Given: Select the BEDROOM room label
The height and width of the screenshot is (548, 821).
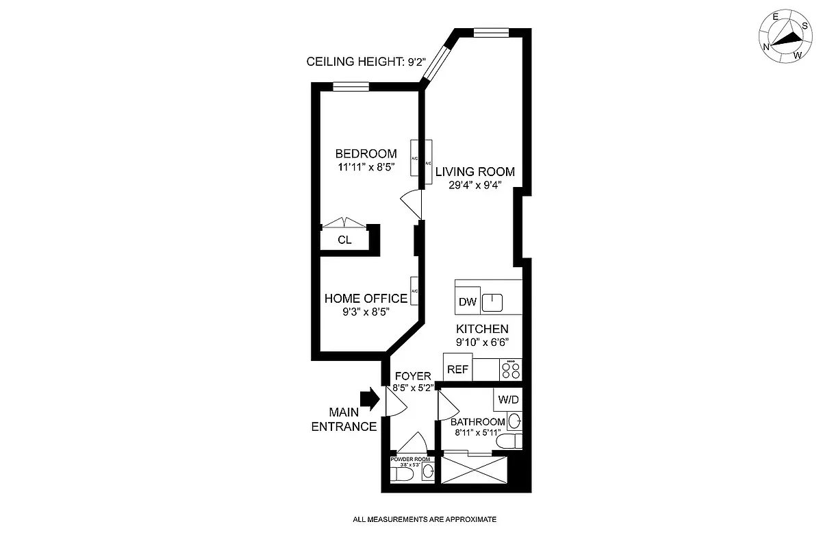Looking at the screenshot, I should click(366, 153).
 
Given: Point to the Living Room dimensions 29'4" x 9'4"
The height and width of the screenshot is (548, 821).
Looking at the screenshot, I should click(475, 185).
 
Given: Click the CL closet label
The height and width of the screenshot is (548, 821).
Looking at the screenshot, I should click(344, 240).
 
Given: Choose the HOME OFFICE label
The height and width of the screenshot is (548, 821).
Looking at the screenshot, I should click(365, 299).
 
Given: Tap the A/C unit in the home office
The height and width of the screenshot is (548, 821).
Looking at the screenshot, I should click(414, 291).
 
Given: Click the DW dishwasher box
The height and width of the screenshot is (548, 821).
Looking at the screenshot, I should click(467, 302).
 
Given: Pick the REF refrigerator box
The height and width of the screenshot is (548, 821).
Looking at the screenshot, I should click(457, 369).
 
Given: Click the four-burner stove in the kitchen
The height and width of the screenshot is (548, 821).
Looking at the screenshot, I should click(511, 370).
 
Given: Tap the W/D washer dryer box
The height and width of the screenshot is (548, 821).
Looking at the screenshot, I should click(507, 399).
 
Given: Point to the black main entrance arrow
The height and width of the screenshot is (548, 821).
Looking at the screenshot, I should click(369, 399).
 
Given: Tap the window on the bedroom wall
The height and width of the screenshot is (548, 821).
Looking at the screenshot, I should click(351, 86).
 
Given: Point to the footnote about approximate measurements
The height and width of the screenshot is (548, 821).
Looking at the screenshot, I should click(424, 519).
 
